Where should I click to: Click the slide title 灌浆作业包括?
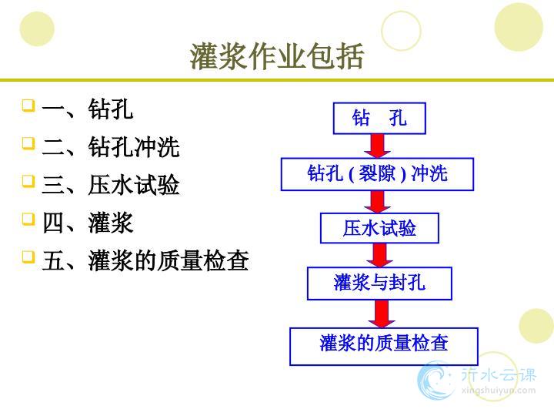click(277, 56)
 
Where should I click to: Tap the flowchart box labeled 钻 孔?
click(379, 118)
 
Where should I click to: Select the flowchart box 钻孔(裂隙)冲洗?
click(377, 174)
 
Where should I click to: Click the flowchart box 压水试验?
click(379, 228)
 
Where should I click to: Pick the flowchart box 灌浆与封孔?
click(379, 283)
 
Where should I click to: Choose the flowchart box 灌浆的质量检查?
click(384, 347)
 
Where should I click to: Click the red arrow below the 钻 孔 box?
click(378, 146)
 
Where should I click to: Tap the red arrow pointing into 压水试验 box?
click(378, 202)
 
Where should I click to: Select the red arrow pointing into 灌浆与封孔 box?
click(379, 256)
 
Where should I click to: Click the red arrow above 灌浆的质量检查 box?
click(382, 314)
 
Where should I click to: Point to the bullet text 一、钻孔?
click(87, 109)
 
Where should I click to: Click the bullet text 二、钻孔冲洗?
click(111, 147)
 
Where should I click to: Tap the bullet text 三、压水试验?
click(111, 185)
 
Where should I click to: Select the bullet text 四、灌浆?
click(87, 223)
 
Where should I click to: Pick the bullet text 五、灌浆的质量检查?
click(145, 260)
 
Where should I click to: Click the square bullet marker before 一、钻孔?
click(28, 106)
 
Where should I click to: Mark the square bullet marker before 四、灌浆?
click(28, 219)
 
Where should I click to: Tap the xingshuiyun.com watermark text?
click(498, 391)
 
